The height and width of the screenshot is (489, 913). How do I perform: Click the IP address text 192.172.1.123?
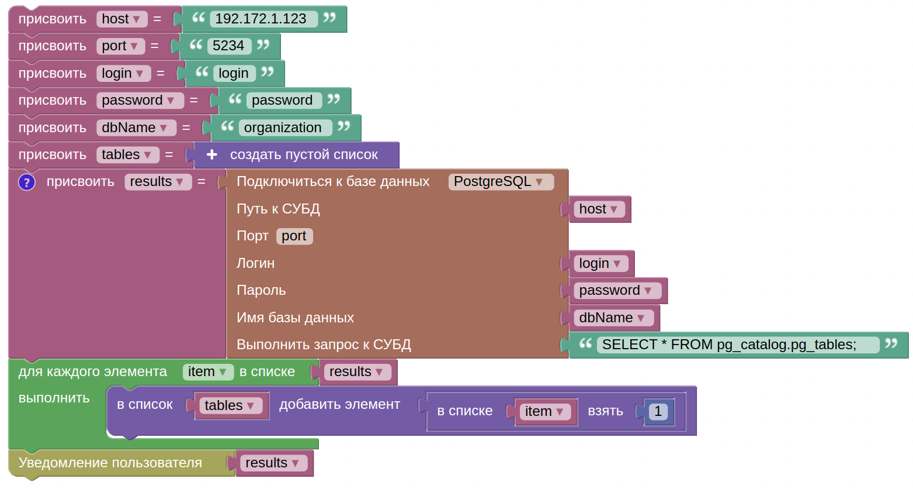pos(261,19)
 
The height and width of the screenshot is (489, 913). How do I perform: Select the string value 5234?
pos(228,46)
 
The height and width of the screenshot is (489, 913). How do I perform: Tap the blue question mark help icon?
pos(27,182)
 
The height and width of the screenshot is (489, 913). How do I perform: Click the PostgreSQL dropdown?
pos(501,182)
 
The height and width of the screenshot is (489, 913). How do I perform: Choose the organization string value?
pos(283,128)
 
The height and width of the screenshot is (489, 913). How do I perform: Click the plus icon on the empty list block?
pos(212,154)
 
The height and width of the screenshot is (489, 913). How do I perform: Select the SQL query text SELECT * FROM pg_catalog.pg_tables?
pos(729,345)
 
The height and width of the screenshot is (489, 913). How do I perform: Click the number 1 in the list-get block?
pos(658,411)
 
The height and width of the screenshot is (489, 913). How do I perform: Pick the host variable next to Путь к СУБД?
pos(599,209)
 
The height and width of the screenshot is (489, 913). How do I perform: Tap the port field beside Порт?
pos(294,236)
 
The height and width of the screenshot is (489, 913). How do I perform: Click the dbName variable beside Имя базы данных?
pos(613,318)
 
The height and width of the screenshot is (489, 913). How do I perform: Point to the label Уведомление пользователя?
pos(110,463)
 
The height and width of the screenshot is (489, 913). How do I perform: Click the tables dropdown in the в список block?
pos(231,406)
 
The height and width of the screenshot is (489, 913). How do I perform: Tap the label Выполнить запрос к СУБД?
pos(324,345)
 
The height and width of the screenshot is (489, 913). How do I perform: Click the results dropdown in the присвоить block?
pos(158,182)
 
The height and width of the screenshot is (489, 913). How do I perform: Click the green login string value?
pos(234,74)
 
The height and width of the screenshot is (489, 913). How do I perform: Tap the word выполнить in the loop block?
pos(54,398)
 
